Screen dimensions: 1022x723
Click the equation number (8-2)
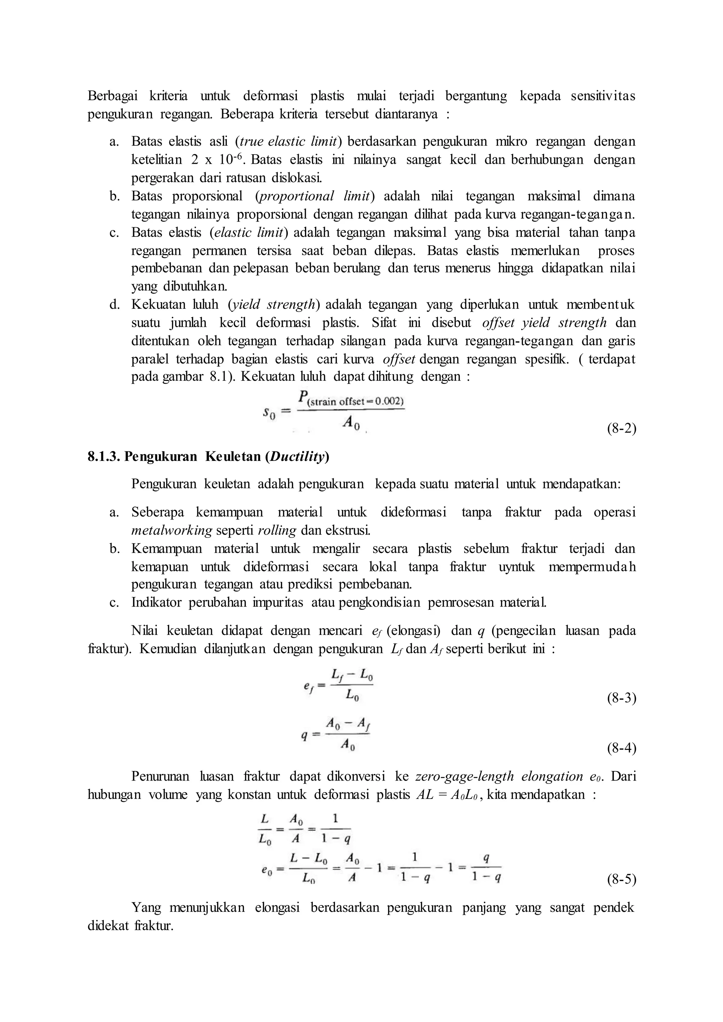[x=621, y=429]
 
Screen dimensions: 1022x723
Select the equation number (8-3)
[x=621, y=698]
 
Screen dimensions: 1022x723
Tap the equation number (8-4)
[x=621, y=748]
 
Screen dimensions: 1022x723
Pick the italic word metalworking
[x=172, y=530]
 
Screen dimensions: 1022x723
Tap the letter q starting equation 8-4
[x=304, y=735]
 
